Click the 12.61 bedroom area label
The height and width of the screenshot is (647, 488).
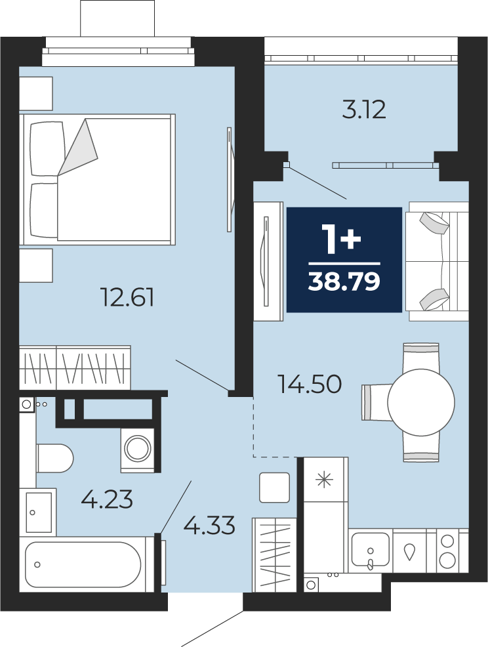click(127, 297)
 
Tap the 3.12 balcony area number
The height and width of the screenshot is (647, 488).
click(364, 110)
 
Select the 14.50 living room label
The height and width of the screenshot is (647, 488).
click(310, 384)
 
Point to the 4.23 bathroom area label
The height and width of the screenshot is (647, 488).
click(107, 499)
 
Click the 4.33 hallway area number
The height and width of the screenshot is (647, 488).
click(209, 525)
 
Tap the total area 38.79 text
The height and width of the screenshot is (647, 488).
click(344, 282)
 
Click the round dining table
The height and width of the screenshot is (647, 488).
click(420, 402)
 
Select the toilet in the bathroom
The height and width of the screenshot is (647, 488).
click(55, 458)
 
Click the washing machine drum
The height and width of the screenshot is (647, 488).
click(138, 449)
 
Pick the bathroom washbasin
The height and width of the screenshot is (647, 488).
click(38, 512)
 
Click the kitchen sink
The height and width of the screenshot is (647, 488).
click(370, 549)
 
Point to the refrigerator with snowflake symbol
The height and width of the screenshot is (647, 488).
click(326, 479)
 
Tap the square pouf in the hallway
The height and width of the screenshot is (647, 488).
click(274, 488)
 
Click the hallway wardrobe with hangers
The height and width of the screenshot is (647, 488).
click(274, 554)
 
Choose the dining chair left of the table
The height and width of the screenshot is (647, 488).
click(376, 402)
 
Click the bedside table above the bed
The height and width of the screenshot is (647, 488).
click(36, 93)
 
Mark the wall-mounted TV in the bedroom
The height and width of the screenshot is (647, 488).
click(230, 180)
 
